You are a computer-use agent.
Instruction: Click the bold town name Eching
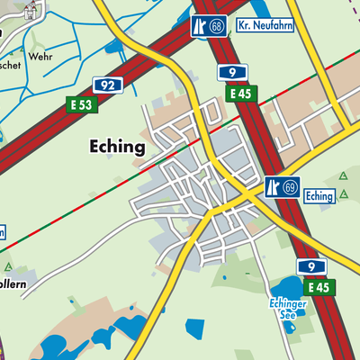point(116,146)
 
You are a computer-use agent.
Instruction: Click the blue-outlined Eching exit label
point(319,195)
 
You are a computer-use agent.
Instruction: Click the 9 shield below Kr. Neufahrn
point(232,71)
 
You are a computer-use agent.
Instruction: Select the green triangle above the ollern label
point(8,267)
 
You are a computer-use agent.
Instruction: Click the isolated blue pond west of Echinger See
point(194,328)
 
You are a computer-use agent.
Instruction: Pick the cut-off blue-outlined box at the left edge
point(3,231)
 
